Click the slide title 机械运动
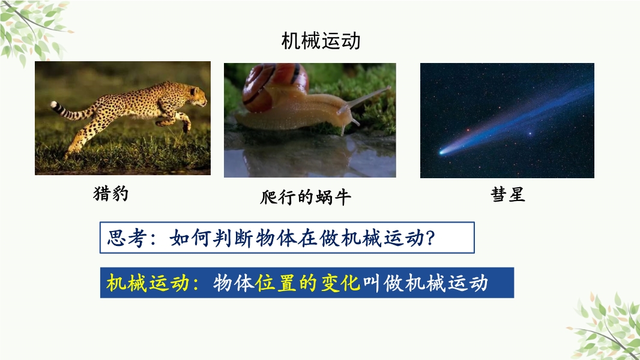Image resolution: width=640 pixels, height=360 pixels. [321, 41]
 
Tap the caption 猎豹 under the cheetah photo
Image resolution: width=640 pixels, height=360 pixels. [111, 193]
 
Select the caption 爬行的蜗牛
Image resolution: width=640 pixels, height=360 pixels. [306, 197]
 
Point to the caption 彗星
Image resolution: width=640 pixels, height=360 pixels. [508, 194]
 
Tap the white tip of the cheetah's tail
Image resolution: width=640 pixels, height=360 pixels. [54, 105]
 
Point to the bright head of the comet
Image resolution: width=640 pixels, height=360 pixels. [441, 152]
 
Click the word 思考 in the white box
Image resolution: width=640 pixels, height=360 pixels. [126, 238]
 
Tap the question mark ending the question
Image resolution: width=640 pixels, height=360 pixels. [429, 238]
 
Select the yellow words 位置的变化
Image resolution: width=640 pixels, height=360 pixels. [308, 283]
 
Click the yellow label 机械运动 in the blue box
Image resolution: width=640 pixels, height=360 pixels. [147, 283]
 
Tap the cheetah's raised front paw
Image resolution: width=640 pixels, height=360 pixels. [187, 127]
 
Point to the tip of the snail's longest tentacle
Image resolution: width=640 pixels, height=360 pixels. [388, 88]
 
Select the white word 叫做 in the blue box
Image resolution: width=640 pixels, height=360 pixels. [382, 283]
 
